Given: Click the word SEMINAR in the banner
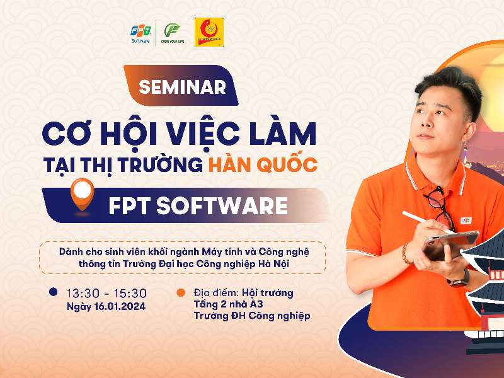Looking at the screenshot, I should (x=182, y=87).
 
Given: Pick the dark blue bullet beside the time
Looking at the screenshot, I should (x=54, y=292).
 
